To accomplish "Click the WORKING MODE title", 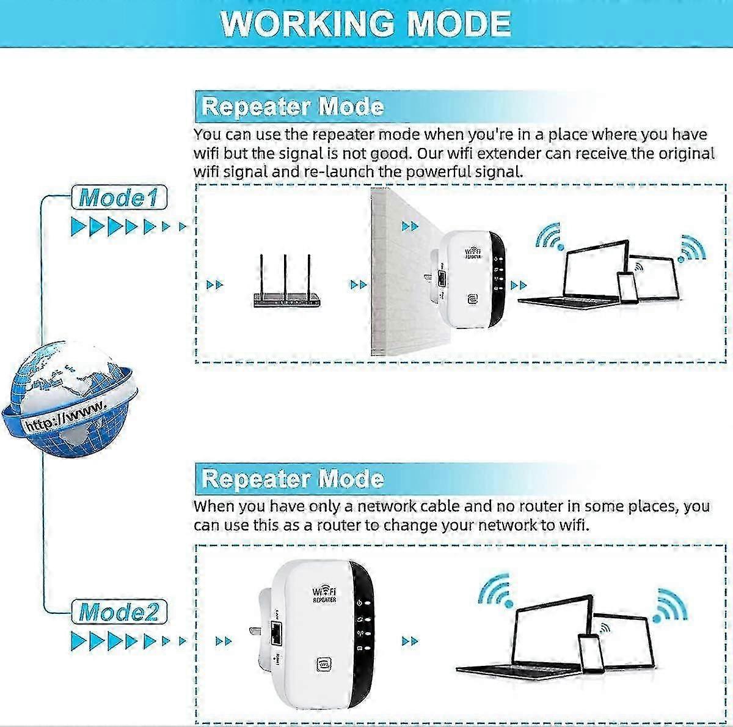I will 365,23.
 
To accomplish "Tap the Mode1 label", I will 119,197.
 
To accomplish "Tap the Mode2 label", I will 119,612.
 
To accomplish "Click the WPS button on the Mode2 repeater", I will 324,663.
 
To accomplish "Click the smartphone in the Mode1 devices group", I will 627,287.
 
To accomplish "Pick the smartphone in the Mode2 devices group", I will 591,654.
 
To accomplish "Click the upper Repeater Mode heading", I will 293,107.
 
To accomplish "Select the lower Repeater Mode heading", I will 293,479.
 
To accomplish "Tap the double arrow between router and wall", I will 359,285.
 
